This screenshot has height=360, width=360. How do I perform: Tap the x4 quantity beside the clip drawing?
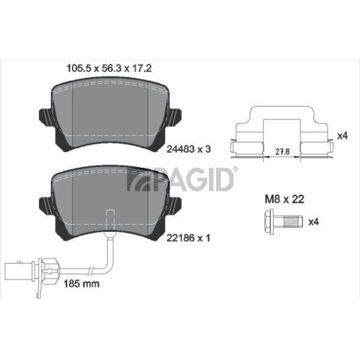click(x=343, y=135)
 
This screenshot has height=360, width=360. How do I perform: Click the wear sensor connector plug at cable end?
click(x=17, y=271)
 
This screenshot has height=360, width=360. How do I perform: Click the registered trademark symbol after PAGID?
click(x=235, y=170)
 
